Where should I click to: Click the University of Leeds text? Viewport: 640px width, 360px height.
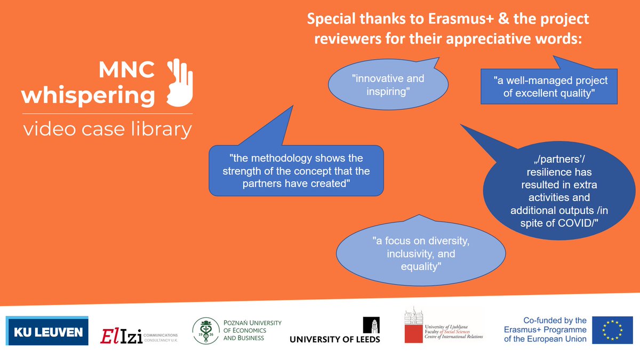335,339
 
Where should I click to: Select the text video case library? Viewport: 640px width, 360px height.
107,130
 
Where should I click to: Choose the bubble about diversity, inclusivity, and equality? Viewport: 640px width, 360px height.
421,253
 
